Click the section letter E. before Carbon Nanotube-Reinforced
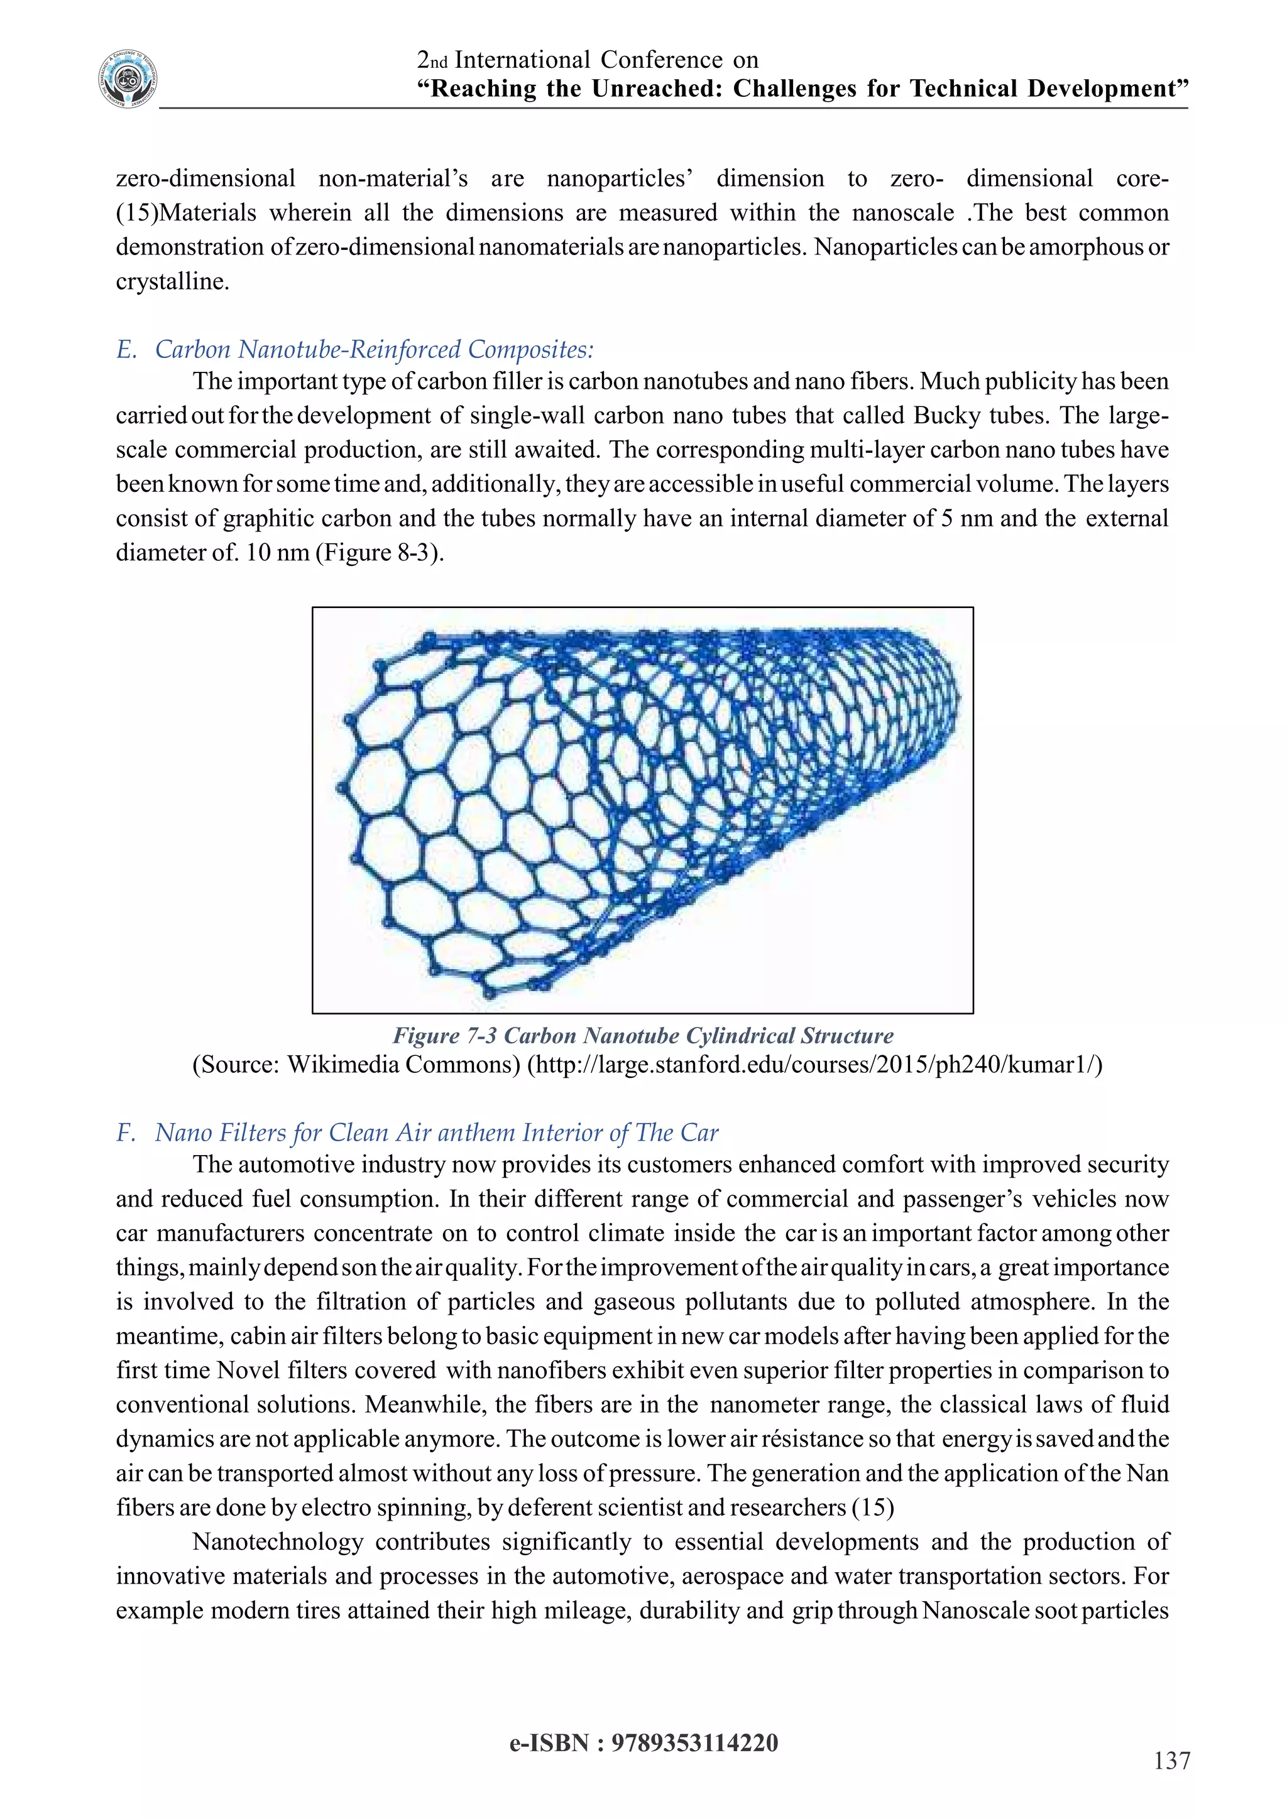[x=127, y=349]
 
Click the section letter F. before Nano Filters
[x=127, y=1132]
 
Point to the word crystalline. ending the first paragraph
[x=172, y=281]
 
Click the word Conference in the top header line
[x=661, y=60]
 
